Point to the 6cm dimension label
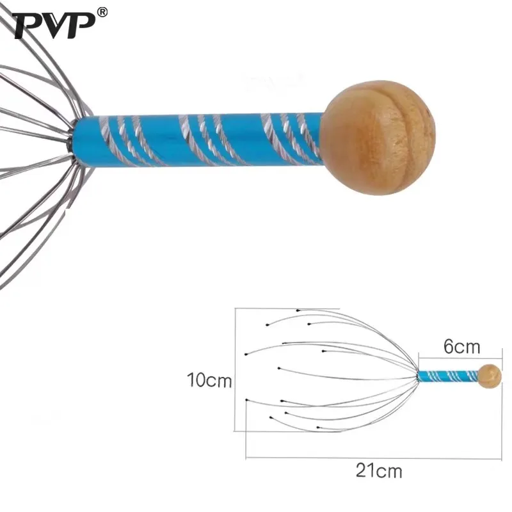[x=461, y=347]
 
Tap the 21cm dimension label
[x=379, y=472]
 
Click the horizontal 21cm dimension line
[x=371, y=458]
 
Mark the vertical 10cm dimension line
[x=236, y=371]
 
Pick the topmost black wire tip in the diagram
[x=298, y=310]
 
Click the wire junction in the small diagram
[x=417, y=376]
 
